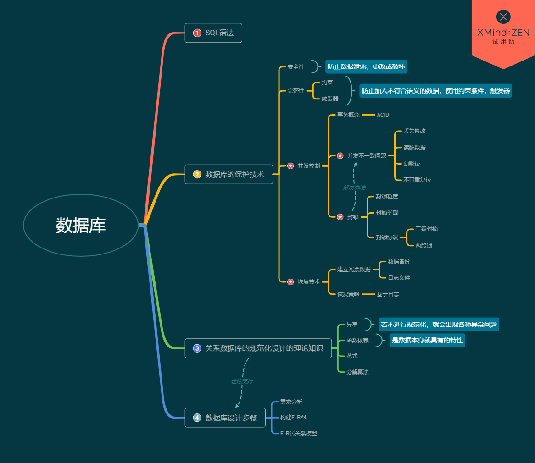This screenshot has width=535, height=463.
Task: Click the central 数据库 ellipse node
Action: click(x=81, y=225)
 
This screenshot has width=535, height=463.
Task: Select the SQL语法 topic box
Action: click(x=213, y=33)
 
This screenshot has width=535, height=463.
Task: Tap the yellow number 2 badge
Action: click(x=197, y=174)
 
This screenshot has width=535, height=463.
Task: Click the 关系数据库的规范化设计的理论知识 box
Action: click(x=258, y=348)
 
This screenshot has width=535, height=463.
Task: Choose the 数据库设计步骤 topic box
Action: click(x=225, y=418)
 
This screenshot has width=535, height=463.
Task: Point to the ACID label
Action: click(x=383, y=115)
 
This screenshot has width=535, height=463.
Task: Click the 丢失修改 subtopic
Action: click(x=414, y=131)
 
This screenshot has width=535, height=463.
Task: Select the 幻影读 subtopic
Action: click(x=412, y=164)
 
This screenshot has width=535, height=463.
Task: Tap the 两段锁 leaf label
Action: click(x=424, y=246)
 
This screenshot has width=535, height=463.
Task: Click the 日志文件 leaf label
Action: click(x=399, y=278)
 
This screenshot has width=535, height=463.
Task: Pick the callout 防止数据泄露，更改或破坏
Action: click(x=366, y=67)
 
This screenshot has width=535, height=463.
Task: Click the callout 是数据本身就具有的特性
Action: click(x=427, y=341)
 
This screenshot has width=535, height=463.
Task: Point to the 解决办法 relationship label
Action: click(x=354, y=187)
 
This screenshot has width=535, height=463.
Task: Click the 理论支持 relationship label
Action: click(x=242, y=381)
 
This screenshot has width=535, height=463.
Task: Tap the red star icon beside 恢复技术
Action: click(x=290, y=282)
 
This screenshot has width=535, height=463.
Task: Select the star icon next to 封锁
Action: click(x=340, y=217)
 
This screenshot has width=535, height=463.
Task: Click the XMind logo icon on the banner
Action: click(x=503, y=17)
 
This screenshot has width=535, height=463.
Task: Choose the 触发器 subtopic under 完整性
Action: click(x=330, y=99)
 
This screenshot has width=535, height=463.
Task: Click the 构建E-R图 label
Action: click(x=293, y=418)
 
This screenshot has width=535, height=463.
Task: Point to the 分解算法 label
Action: click(x=357, y=372)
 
